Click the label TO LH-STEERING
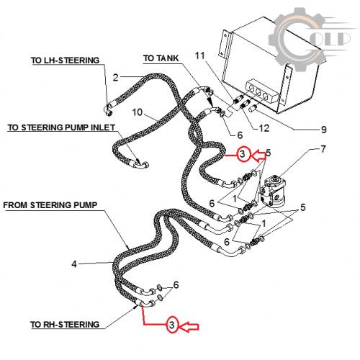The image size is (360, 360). point(65,60)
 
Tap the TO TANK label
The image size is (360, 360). point(161,58)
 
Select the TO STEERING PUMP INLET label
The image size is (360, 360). point(61,127)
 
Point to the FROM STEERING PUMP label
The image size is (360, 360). point(50,205)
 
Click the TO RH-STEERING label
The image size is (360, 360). point(65,325)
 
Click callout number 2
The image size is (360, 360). point(116,78)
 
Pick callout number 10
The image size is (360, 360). point(138,112)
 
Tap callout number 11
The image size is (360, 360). point(200,55)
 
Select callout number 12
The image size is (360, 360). point(264,128)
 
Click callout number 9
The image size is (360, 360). point(324,130)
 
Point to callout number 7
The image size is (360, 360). point(323,149)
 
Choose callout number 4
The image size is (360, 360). point(74,264)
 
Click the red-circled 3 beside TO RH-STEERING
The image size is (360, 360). point(172,325)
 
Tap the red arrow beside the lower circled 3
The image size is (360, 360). point(189,327)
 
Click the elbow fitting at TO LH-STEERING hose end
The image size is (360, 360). point(109,110)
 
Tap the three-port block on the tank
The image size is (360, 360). point(261,93)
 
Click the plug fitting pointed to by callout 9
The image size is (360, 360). point(253,108)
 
